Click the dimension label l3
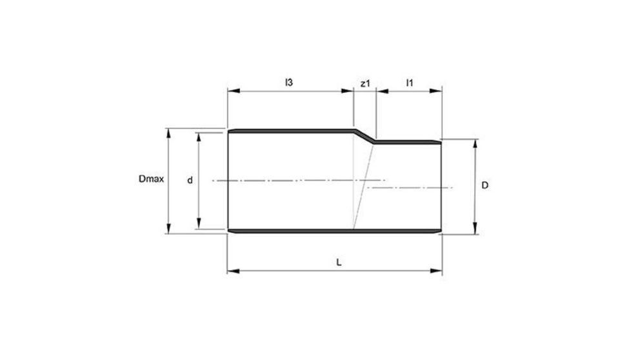tap(290, 83)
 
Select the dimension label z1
tap(365, 83)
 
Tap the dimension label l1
tap(409, 83)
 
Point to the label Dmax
tap(150, 181)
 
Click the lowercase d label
tap(190, 181)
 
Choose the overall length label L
tap(339, 263)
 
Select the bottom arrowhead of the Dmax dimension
tap(170, 230)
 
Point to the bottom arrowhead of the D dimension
tap(475, 230)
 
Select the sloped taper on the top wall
tap(365, 136)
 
